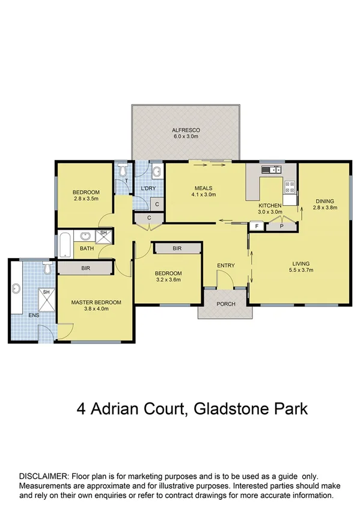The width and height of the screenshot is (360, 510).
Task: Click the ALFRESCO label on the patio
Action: click(186, 130)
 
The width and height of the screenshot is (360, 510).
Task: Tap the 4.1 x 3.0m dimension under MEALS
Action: click(203, 195)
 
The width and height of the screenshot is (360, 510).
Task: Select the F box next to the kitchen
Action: click(257, 226)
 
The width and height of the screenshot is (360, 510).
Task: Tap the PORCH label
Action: click(226, 303)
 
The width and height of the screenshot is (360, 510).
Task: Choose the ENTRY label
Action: click(226, 265)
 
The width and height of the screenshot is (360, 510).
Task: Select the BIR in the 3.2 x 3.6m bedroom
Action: click(177, 248)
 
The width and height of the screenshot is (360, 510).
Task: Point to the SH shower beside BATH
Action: click(103, 233)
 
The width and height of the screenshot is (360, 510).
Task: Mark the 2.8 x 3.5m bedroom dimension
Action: click(87, 198)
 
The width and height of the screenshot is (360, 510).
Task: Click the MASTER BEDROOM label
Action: click(96, 302)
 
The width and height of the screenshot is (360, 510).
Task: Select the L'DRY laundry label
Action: click(148, 189)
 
